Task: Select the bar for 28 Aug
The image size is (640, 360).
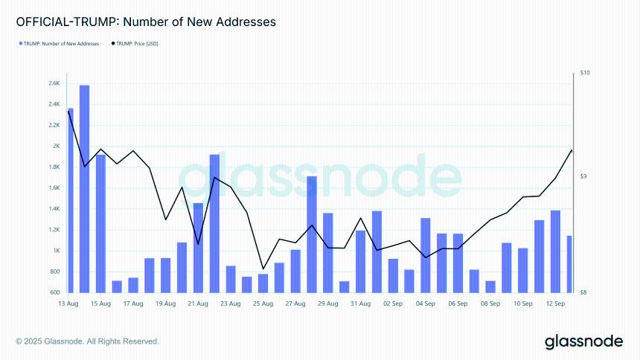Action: coord(312,234)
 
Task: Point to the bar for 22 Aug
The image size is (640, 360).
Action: coord(214,223)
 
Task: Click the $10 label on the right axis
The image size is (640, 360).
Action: coord(585,73)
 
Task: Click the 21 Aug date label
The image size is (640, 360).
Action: coord(197,303)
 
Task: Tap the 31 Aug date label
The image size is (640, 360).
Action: coord(360,303)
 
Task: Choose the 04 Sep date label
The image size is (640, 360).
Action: coord(426,303)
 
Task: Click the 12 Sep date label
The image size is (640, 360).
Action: coord(554,303)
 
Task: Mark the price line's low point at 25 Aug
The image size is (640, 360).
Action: coord(263,269)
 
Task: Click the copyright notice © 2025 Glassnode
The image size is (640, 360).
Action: coord(88,341)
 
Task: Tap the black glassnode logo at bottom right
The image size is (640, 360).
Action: coord(583,341)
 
